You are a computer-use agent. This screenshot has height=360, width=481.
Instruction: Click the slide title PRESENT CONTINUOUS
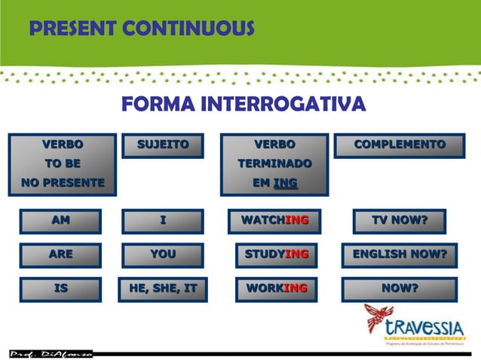[x=142, y=29]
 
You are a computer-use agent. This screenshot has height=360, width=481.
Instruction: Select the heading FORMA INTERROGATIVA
[x=244, y=105]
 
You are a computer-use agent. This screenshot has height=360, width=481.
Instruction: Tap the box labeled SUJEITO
[x=163, y=145]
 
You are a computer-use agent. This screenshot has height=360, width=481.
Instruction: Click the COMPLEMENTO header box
[x=400, y=145]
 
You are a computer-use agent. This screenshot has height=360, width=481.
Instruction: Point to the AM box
[x=61, y=221]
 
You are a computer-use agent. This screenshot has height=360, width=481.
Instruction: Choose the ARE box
[x=61, y=255]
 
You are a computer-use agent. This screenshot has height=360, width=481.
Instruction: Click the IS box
[x=61, y=288]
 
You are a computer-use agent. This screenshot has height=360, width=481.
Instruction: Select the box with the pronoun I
[x=163, y=221]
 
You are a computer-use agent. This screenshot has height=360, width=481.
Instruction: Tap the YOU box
[x=163, y=255]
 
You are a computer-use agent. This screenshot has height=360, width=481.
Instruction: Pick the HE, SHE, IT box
[x=163, y=288]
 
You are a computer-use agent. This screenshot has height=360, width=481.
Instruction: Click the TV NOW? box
[x=400, y=221]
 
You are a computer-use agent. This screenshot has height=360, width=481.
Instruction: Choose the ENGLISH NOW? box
[x=400, y=255]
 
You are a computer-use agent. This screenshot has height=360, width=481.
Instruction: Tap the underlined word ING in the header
[x=286, y=183]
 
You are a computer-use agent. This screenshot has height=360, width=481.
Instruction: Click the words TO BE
[x=63, y=163]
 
